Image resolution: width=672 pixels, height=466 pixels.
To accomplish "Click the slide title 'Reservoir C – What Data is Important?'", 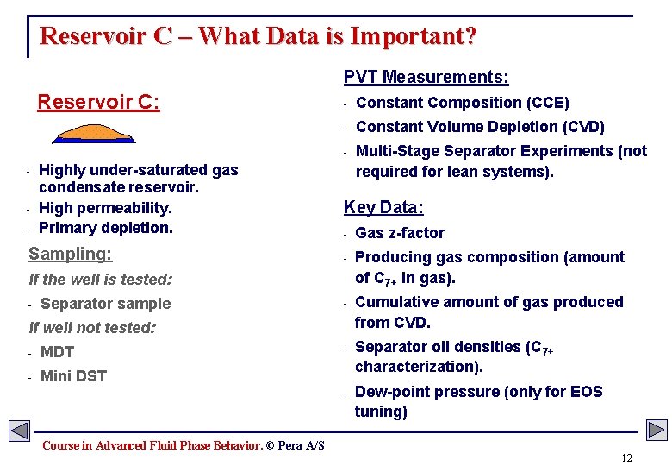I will coord(258,36).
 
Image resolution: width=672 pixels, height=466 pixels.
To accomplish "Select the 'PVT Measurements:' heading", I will coord(426,78).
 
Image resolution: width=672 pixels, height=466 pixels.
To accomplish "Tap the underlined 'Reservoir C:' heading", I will coord(98,103).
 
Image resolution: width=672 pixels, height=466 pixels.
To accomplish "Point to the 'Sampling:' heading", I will coord(70,254).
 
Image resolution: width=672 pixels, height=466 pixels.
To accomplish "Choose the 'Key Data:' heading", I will coord(383,207).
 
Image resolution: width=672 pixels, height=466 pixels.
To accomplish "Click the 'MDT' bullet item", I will coord(57,352).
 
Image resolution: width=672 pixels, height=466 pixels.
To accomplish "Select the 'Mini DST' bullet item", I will coord(73,376).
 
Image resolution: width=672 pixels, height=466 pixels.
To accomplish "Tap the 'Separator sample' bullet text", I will coord(105,304).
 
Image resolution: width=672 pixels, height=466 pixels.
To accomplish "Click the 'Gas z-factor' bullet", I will coord(400,233).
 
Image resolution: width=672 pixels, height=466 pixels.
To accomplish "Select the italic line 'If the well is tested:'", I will coord(100,280).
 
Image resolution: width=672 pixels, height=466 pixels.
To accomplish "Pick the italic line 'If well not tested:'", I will coord(92,328).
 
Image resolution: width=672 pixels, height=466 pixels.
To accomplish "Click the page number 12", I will coord(626,457).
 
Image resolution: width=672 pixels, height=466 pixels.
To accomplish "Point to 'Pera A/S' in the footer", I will coord(301,445).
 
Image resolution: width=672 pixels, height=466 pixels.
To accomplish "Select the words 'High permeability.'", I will coord(105,208).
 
